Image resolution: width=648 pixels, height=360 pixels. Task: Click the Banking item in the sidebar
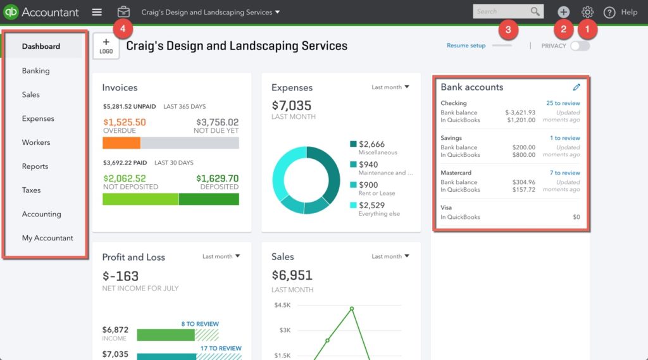point(35,71)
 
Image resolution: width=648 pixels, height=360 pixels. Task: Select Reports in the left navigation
point(35,166)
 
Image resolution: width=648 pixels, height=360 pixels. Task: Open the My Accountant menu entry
point(47,238)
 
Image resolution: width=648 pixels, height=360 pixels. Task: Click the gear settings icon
point(588,12)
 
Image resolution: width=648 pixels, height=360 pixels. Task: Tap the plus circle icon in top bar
point(563,12)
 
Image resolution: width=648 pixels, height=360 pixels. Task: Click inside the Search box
point(502,11)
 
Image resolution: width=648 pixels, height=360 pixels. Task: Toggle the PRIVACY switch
point(580,46)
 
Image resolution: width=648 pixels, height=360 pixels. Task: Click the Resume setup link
point(466,46)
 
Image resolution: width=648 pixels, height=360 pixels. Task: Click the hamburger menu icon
point(97,12)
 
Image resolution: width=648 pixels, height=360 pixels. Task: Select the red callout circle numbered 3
point(508,28)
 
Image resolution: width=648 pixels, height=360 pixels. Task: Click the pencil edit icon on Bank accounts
point(576,87)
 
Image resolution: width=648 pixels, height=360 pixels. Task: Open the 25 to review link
point(563,103)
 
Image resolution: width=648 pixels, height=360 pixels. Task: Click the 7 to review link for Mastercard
point(564,173)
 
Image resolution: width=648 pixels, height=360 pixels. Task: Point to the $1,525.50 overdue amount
point(124,122)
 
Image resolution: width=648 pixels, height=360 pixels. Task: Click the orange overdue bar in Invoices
point(121,143)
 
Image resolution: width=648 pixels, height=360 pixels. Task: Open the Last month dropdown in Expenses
point(390,87)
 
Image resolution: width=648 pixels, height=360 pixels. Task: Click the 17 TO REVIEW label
point(221,348)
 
